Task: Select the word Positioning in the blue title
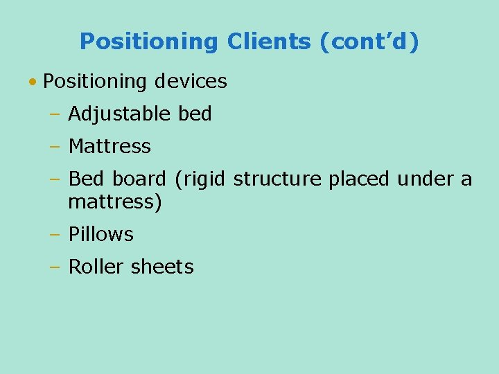pyautogui.click(x=148, y=42)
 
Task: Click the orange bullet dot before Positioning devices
pyautogui.click(x=33, y=82)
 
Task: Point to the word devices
pyautogui.click(x=191, y=82)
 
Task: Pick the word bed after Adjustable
pyautogui.click(x=195, y=114)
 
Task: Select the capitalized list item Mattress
pyautogui.click(x=110, y=147)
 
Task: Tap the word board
pyautogui.click(x=139, y=179)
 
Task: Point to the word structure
pyautogui.click(x=278, y=179)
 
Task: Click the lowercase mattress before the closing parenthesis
pyautogui.click(x=112, y=203)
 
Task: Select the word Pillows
pyautogui.click(x=101, y=235)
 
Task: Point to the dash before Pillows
pyautogui.click(x=55, y=235)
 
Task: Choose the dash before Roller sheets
pyautogui.click(x=55, y=267)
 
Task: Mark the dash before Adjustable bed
pyautogui.click(x=55, y=114)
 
